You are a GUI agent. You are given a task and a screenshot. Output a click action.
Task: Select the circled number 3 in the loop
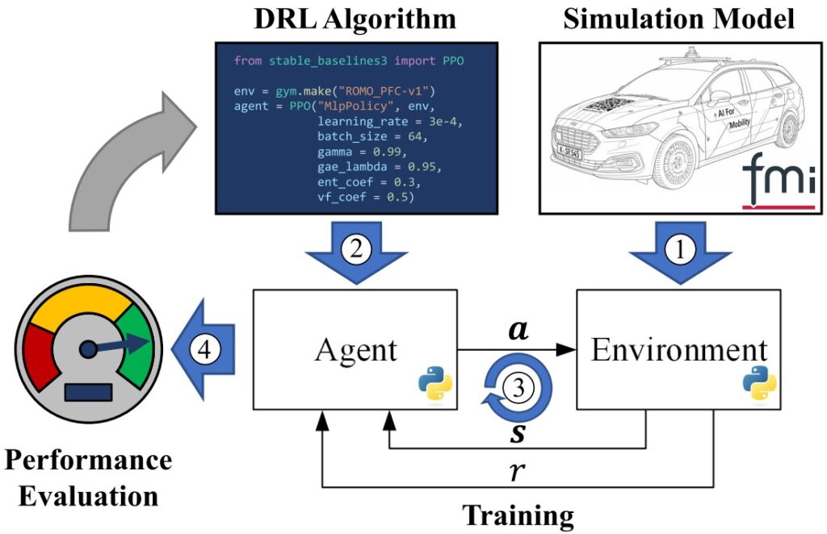tap(518, 387)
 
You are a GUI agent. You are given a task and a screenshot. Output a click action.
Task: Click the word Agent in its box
tap(356, 350)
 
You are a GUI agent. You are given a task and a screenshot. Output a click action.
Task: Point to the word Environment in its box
tap(678, 350)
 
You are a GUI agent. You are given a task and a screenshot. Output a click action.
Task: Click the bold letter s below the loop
tap(517, 433)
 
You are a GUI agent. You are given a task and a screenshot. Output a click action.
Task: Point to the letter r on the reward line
tap(517, 471)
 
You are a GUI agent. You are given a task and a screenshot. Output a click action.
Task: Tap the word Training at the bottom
tap(518, 515)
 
